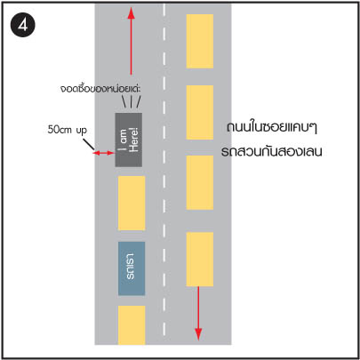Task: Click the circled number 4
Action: coord(23,25)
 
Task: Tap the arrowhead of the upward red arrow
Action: coord(131,13)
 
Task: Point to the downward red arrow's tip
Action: coord(198,340)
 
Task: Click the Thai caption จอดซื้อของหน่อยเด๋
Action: coord(100,89)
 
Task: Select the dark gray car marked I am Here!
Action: coord(129,140)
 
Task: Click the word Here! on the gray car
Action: coord(134,140)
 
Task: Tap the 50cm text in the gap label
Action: coord(59,130)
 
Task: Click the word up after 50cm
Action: coord(81,131)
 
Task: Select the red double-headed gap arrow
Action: coord(103,153)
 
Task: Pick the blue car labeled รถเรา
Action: coord(132,268)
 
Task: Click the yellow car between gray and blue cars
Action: coord(132,204)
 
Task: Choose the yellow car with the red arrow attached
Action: coord(200,260)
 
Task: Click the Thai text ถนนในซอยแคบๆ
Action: coord(272,127)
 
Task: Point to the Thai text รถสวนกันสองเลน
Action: coord(271,151)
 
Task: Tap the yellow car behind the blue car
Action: coord(132,325)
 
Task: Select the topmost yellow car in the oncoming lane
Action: coord(200,41)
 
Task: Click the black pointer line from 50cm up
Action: coord(89,144)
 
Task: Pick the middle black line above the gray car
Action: coord(131,101)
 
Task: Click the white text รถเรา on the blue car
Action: coord(130,267)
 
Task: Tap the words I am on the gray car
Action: coord(124,140)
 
